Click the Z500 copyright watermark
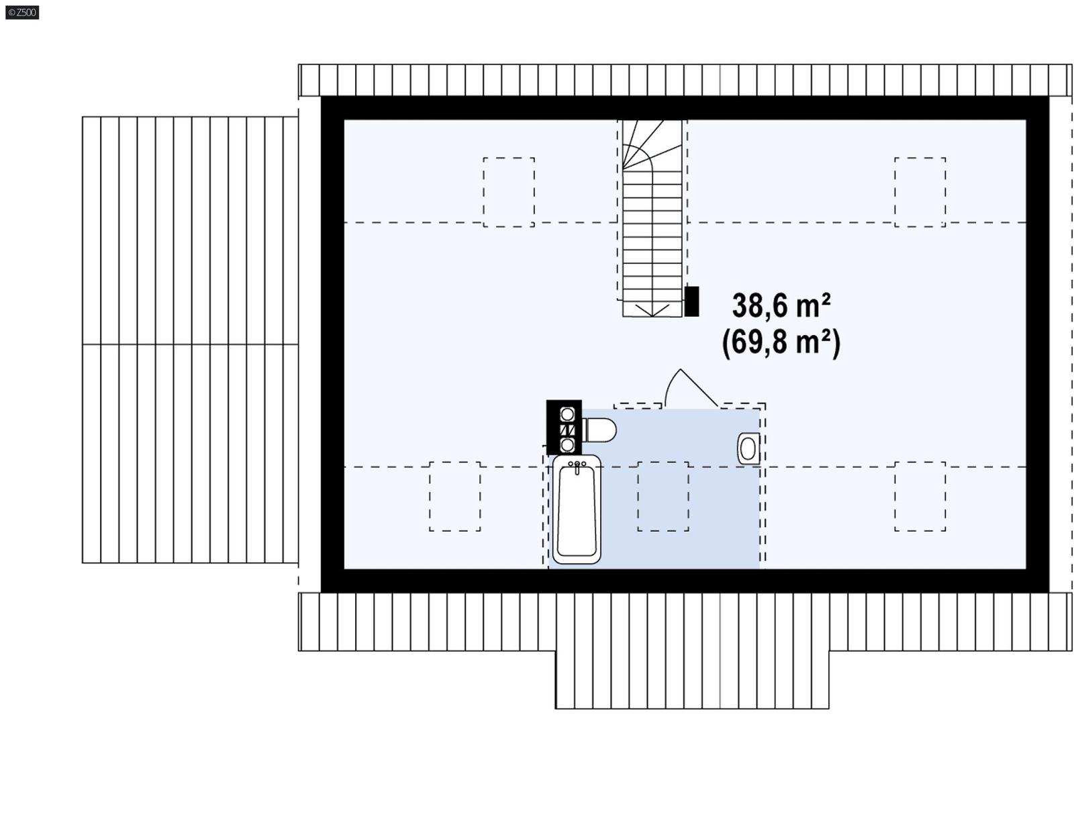22,12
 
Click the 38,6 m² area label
781,306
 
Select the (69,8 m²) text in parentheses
781,342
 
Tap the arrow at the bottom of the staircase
652,309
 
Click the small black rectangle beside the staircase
691,301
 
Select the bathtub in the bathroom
577,510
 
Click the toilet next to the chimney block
599,430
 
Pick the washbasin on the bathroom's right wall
749,448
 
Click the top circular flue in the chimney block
567,414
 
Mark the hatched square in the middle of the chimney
567,429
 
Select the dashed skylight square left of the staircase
509,192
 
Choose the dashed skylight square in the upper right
920,192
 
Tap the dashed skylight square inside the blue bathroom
663,496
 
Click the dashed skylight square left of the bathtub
454,496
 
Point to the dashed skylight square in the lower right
920,496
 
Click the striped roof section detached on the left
190,340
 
